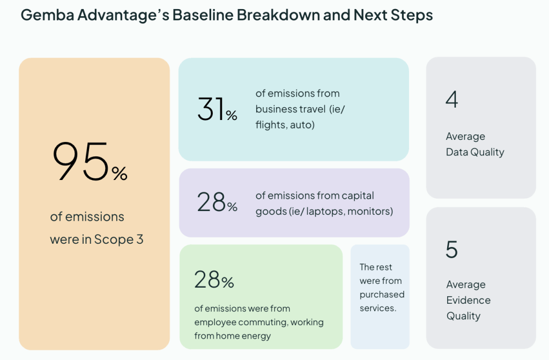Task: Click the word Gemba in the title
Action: coord(48,15)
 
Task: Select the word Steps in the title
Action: coord(412,16)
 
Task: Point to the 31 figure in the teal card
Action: coord(211,109)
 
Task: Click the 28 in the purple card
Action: coord(211,202)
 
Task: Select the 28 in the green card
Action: coord(207,279)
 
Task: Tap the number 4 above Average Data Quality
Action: coord(451,99)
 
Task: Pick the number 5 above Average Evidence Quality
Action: coord(451,250)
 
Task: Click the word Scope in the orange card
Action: coord(114,239)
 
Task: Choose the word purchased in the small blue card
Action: coord(382,295)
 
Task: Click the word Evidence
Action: coord(469,300)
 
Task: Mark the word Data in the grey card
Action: coord(457,152)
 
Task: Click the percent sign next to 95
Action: coord(120,173)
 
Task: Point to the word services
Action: coord(378,308)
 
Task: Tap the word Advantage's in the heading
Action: coord(123,16)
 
